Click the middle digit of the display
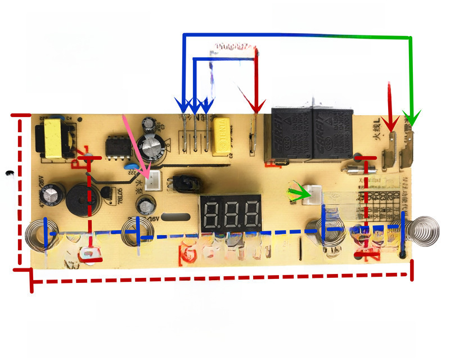pyautogui.click(x=231, y=213)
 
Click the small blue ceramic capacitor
pyautogui.click(x=130, y=167)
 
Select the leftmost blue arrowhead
pyautogui.click(x=183, y=105)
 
